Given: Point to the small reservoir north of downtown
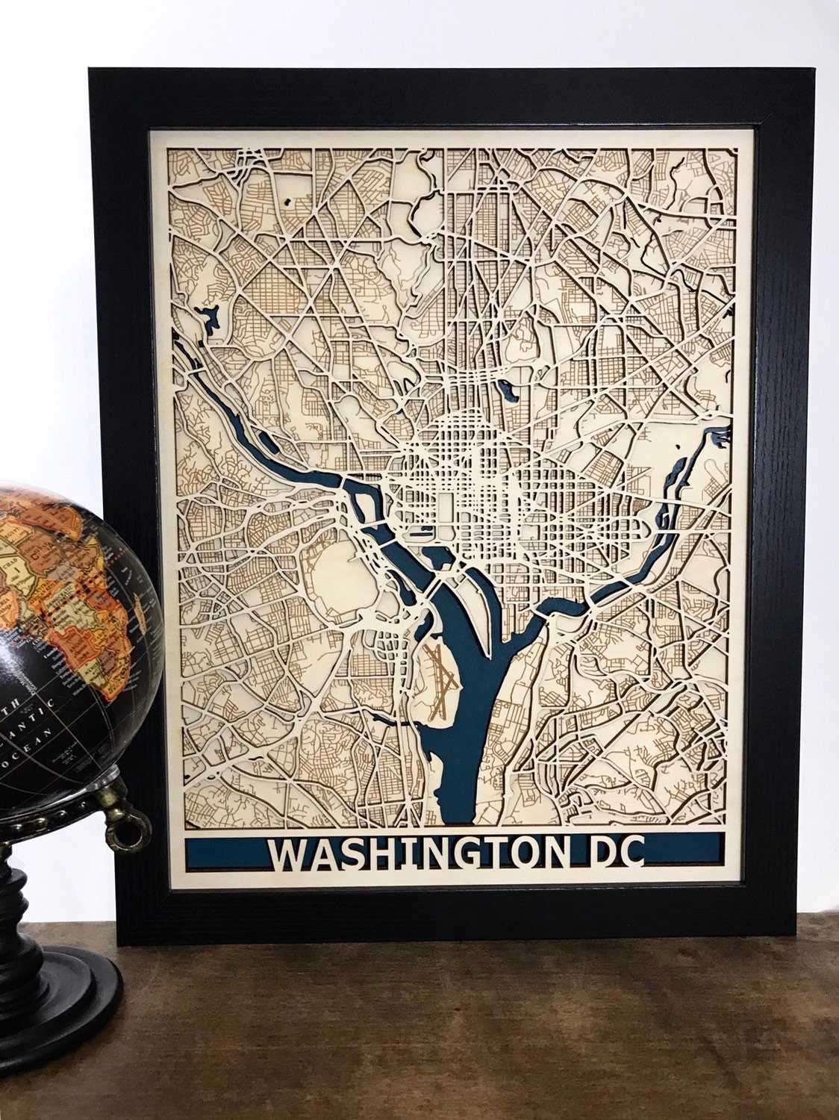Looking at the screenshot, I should pyautogui.click(x=508, y=388).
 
